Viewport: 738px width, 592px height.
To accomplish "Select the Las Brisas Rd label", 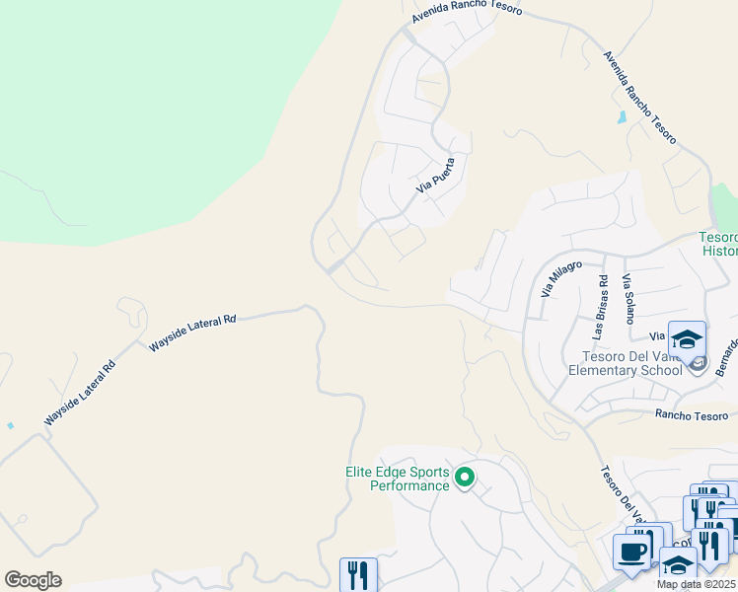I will coord(601,292).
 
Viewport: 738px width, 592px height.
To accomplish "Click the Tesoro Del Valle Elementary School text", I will coord(625,363).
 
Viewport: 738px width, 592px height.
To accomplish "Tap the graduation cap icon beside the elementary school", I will coord(687,339).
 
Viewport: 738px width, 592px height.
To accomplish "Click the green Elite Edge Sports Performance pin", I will coord(465,479).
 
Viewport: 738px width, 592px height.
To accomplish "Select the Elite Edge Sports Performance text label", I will coord(397,479).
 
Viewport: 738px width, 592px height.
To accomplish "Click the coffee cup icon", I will coord(631,552).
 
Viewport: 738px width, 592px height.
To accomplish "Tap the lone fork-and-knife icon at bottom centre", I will coord(358,575).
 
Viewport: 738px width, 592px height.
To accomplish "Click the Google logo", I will coord(33,580).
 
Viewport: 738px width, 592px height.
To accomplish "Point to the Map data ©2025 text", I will coord(695,584).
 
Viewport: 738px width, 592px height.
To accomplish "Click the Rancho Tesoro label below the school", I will coord(690,414).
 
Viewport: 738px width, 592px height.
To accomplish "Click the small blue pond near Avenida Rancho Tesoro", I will coord(620,117).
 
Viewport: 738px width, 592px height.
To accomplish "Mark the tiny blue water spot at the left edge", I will coord(10,425).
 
